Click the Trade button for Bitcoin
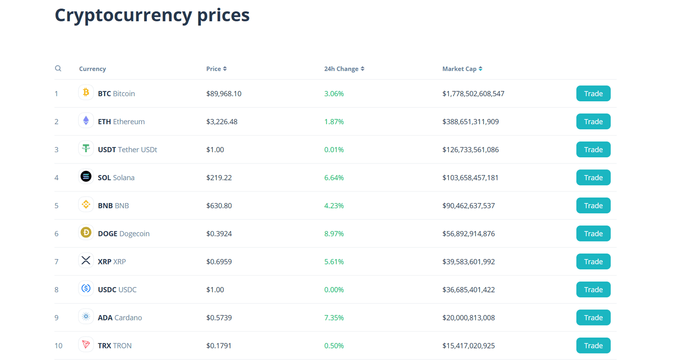pos(593,94)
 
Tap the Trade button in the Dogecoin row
pos(593,234)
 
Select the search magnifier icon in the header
pos(58,69)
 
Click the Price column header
pos(213,69)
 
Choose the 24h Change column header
pos(341,69)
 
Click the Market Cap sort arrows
pos(480,69)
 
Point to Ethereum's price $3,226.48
pos(222,122)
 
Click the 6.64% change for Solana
pos(334,178)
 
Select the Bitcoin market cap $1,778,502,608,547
pos(473,94)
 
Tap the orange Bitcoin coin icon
pos(86,92)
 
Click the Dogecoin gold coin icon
pos(86,233)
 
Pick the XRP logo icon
pos(86,260)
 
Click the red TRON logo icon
pos(86,344)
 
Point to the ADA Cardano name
pos(119,318)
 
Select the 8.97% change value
pos(334,234)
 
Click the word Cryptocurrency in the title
pos(123,16)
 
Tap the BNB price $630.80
pos(219,206)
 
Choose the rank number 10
pos(58,346)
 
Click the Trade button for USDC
pos(593,290)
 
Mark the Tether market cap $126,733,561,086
pos(470,150)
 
